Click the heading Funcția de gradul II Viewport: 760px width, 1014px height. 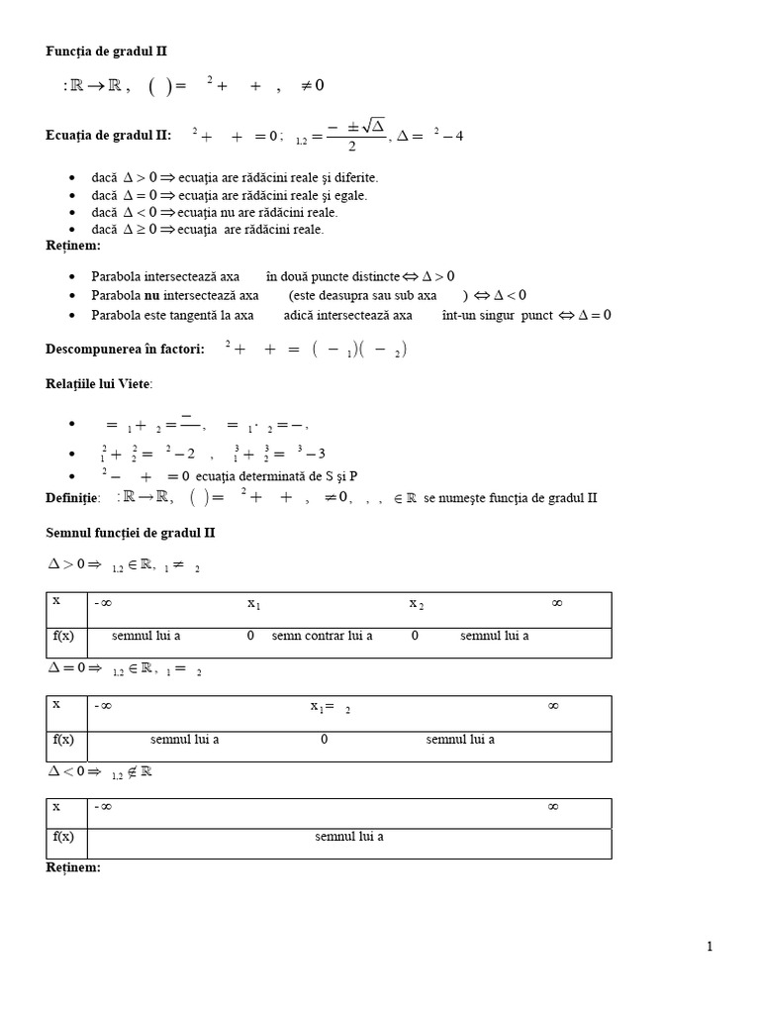tap(99, 51)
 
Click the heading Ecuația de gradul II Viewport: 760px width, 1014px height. tap(108, 136)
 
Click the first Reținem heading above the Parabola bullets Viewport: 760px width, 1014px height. tap(73, 245)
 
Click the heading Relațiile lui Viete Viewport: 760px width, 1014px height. tap(100, 384)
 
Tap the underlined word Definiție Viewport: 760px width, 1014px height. tap(72, 498)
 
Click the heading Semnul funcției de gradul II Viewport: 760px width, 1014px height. tap(131, 533)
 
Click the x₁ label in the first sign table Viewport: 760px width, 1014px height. tap(253, 603)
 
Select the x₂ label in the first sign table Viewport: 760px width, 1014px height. tap(416, 603)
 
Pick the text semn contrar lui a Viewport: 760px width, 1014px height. tap(322, 636)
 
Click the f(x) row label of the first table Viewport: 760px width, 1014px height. tap(63, 636)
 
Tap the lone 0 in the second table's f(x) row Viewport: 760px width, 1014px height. tap(324, 739)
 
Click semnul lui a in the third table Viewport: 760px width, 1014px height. tap(349, 837)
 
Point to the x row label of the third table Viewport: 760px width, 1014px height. tap(56, 807)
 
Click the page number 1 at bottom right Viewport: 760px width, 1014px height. tap(710, 947)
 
